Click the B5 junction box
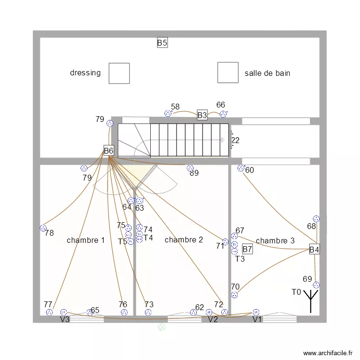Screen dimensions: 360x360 162,42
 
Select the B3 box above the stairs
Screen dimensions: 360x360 202,115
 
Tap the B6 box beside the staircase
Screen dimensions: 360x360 108,150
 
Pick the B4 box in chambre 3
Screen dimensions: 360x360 314,249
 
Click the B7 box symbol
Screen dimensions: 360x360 248,249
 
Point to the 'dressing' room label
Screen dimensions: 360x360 85,73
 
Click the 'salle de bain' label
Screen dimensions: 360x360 267,73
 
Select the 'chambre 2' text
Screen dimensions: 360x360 184,240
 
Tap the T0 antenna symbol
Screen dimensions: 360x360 311,301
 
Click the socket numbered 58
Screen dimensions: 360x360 168,113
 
